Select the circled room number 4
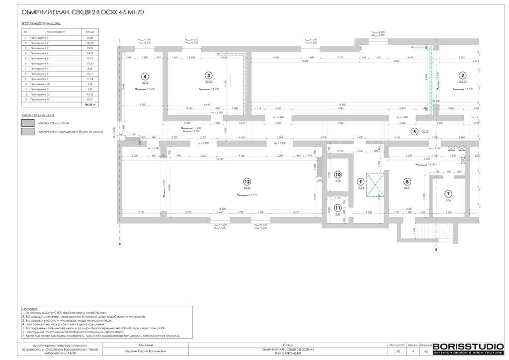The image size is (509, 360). tap(145, 77)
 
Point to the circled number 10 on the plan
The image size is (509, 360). tap(338, 175)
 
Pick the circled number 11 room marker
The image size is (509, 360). tap(338, 208)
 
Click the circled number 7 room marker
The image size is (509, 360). tap(448, 193)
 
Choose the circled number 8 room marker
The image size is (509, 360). tap(407, 182)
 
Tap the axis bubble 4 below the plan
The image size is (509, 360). tap(119, 244)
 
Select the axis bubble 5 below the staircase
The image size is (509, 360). tap(436, 250)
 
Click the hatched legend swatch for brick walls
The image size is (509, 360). tap(28, 122)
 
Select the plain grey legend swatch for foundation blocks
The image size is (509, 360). tap(28, 132)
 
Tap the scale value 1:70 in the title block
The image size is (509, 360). tap(396, 351)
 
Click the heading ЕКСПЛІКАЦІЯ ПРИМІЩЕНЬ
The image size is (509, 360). tap(41, 23)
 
